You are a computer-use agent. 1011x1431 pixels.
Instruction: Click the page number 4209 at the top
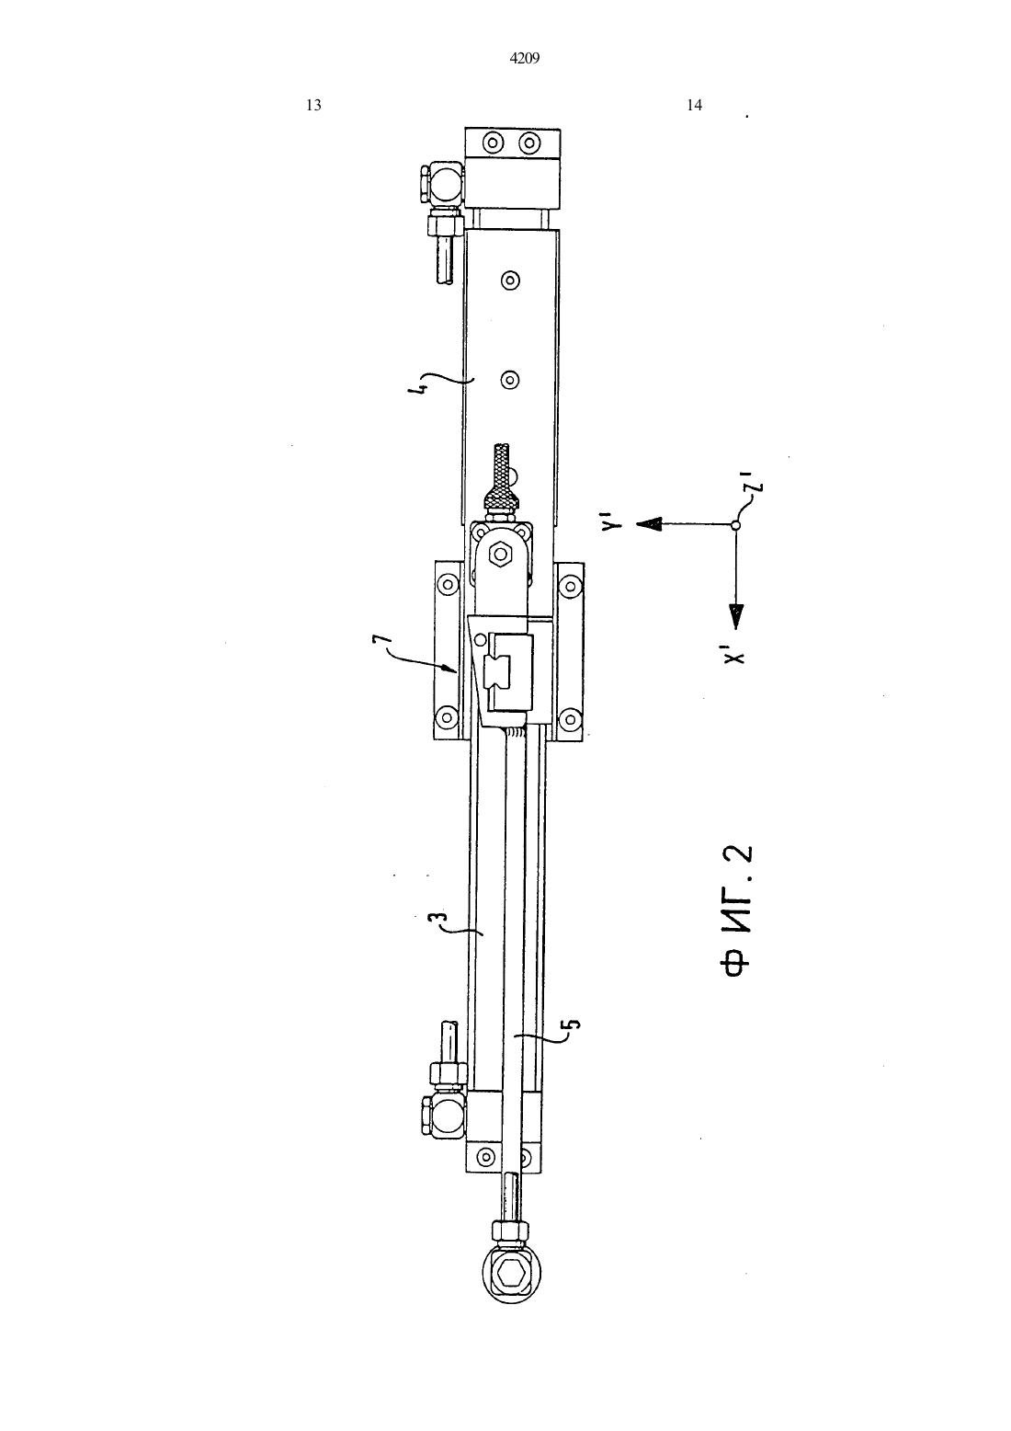pos(525,59)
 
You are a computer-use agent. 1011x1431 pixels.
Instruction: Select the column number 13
pos(313,106)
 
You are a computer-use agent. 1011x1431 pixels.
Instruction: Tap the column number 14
pos(695,106)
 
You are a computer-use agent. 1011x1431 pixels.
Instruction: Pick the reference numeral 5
pos(573,1025)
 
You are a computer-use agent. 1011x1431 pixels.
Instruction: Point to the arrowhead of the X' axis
pos(736,617)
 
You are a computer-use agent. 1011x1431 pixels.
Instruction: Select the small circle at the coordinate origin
pos(735,525)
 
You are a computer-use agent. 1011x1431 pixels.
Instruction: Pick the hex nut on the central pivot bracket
pos(500,554)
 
